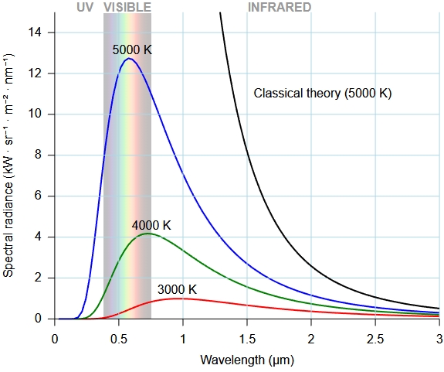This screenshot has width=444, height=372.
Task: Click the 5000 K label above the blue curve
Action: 132,50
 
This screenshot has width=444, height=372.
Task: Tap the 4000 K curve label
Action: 151,225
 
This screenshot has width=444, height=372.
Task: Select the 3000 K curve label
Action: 177,289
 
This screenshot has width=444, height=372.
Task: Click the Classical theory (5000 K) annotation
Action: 323,94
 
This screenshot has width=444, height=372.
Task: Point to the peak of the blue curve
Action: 129,59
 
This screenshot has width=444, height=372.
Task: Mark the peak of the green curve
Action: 147,234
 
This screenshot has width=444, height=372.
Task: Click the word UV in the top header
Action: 85,8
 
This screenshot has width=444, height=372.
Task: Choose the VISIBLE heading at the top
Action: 127,8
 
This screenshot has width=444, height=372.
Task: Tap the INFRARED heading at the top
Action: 280,8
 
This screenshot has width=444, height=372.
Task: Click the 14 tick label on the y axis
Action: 35,32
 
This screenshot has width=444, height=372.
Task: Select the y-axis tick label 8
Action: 38,155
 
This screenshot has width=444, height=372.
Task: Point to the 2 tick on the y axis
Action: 38,278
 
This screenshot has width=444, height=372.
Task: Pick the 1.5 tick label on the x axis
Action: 247,339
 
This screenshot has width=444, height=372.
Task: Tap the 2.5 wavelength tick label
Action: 375,339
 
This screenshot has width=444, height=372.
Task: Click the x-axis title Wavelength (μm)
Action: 247,360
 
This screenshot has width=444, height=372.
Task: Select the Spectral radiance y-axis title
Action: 8,165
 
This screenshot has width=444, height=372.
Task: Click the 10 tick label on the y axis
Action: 35,114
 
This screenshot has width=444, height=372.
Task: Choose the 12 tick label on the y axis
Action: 35,73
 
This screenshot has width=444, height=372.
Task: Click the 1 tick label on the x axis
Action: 183,339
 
